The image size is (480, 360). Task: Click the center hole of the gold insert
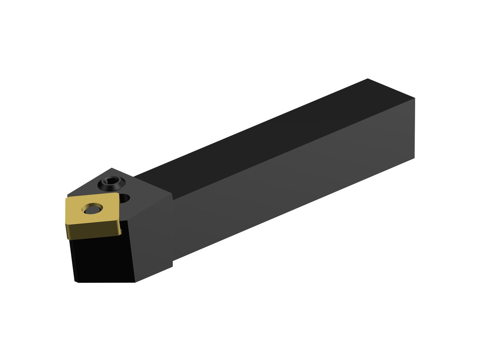pyautogui.click(x=92, y=208)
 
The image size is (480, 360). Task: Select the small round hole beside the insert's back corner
pyautogui.click(x=125, y=197)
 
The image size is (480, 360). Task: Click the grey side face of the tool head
pyautogui.click(x=152, y=240)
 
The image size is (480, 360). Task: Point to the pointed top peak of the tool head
pyautogui.click(x=112, y=168)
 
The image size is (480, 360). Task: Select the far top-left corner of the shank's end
pyautogui.click(x=368, y=79)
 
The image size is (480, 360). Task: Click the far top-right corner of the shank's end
pyautogui.click(x=415, y=98)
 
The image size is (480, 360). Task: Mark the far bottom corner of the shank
pyautogui.click(x=414, y=158)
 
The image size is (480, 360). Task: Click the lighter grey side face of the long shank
pyautogui.click(x=292, y=180)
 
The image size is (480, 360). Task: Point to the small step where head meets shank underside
pyautogui.click(x=172, y=263)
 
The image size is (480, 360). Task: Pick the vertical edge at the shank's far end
pyautogui.click(x=415, y=128)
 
